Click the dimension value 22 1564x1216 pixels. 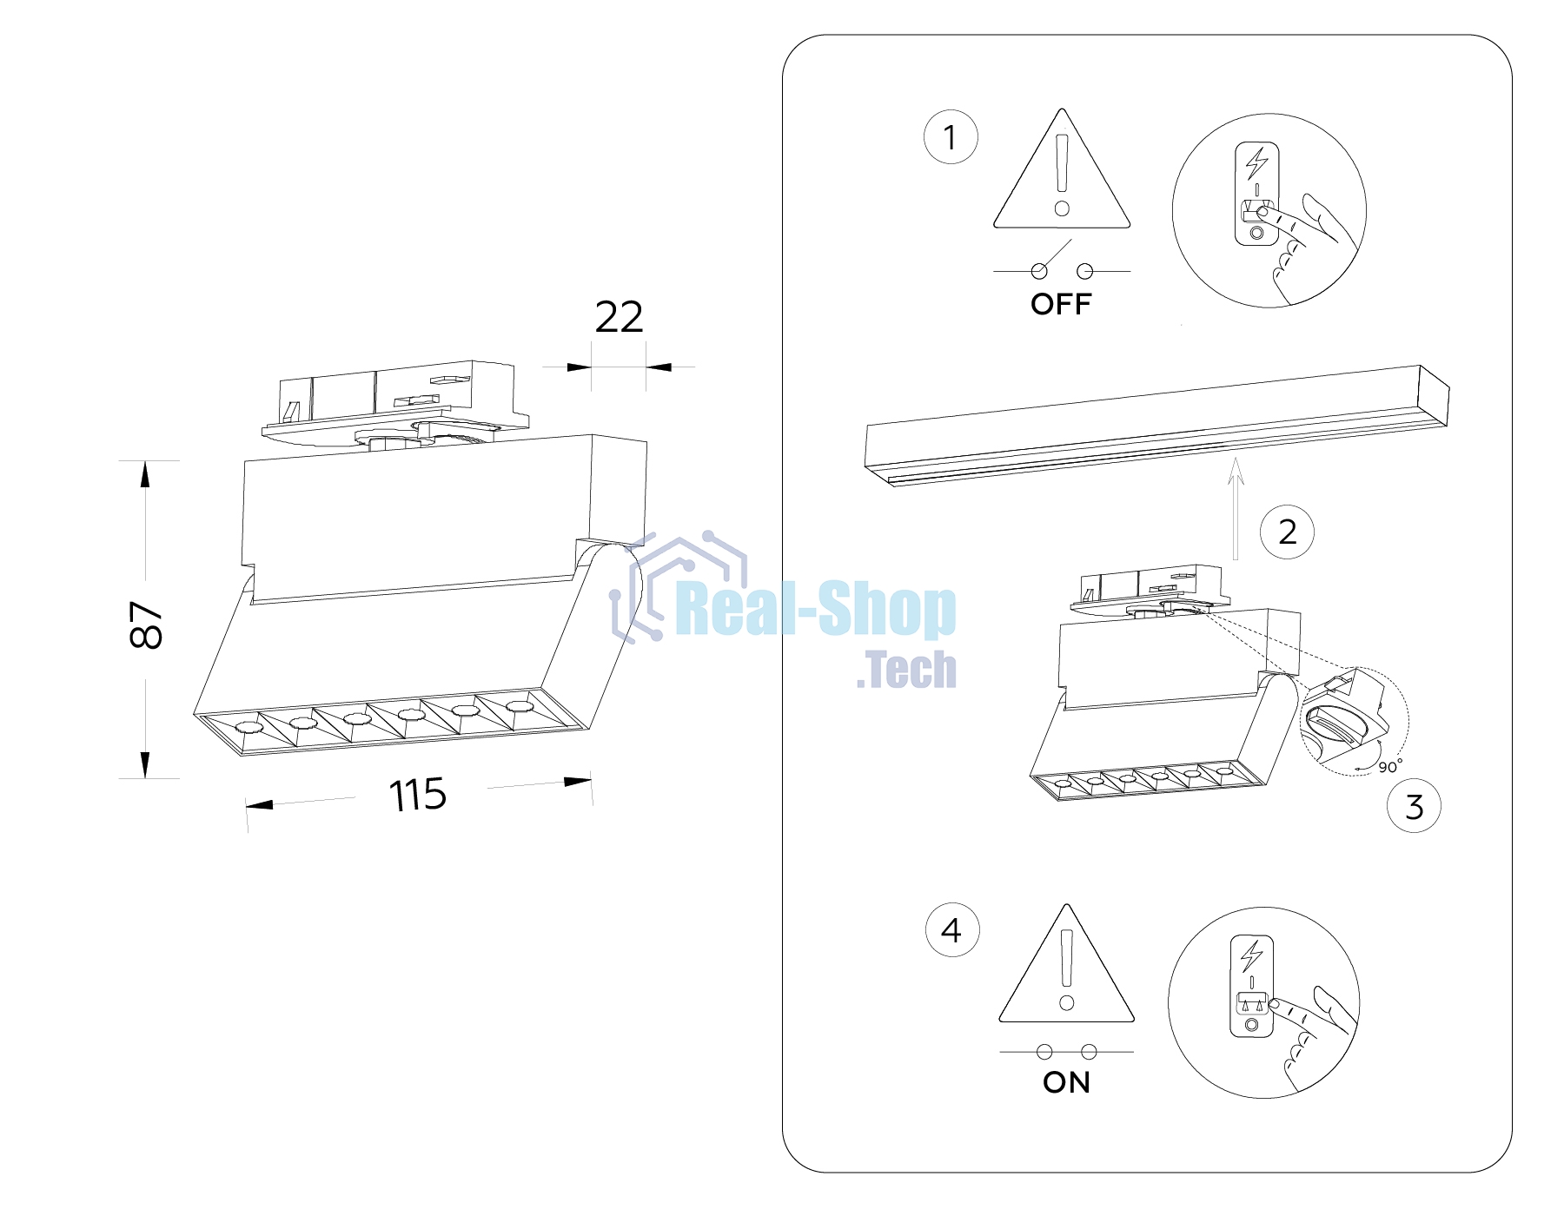(619, 317)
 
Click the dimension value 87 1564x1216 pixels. (145, 625)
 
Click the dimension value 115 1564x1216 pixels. (418, 795)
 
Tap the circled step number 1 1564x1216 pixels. (951, 137)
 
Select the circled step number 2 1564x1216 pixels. (1288, 532)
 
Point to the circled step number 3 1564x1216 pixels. (1414, 806)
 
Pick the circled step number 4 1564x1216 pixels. (952, 930)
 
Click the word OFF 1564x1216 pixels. (1061, 304)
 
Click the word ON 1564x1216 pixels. (1066, 1082)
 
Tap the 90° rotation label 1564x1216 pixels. (1390, 766)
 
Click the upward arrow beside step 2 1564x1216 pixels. (1236, 509)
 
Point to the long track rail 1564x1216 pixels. (1157, 426)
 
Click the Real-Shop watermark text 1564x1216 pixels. (816, 610)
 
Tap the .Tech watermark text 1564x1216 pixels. (906, 670)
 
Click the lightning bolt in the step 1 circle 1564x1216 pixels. (1256, 163)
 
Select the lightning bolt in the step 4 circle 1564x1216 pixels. (1252, 956)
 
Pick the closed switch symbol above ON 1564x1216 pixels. (1067, 1052)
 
